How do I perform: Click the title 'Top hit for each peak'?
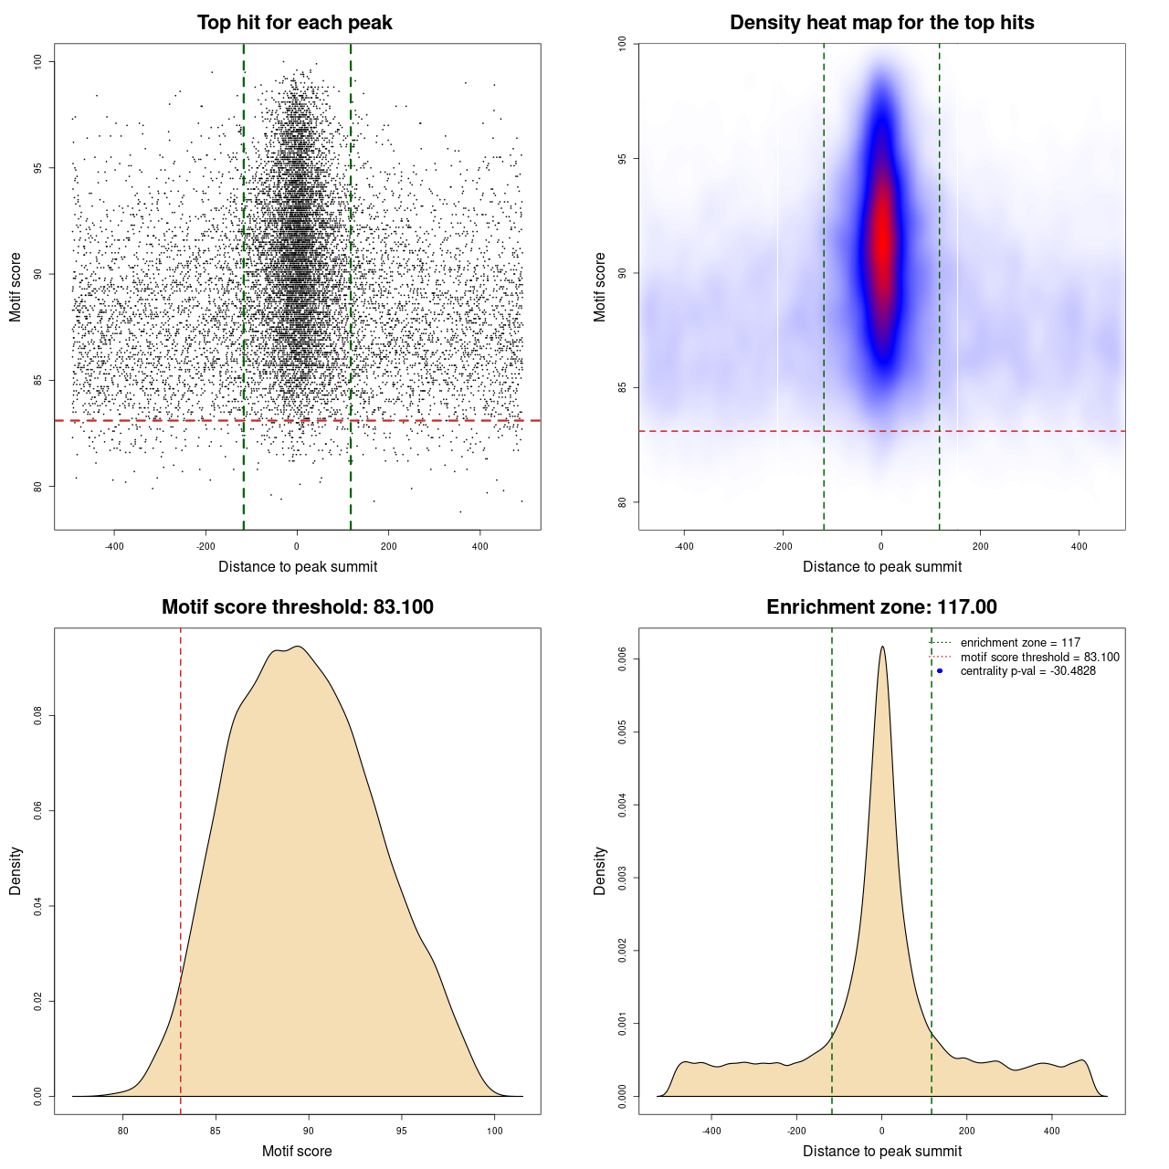tap(295, 23)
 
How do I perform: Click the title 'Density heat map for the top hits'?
tap(881, 23)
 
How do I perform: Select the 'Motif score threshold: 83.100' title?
tap(297, 607)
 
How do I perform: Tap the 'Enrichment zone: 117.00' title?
tap(881, 607)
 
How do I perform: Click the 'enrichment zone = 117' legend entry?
tap(1020, 643)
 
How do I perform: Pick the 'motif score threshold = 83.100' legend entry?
tap(1039, 658)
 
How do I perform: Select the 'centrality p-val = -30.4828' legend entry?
tap(1027, 671)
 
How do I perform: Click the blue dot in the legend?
tap(940, 671)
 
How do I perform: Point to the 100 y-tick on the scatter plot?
tap(38, 61)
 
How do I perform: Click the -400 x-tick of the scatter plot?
tap(114, 546)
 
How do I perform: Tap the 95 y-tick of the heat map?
tap(622, 159)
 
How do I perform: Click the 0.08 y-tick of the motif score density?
tap(38, 716)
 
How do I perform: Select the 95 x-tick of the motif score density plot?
tap(402, 1131)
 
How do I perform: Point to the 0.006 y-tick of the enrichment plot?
tap(622, 659)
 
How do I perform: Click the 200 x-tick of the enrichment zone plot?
tap(966, 1131)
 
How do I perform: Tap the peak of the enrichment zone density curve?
tap(882, 647)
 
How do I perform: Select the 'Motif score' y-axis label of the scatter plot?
tap(16, 288)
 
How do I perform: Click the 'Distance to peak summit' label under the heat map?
tap(881, 567)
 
